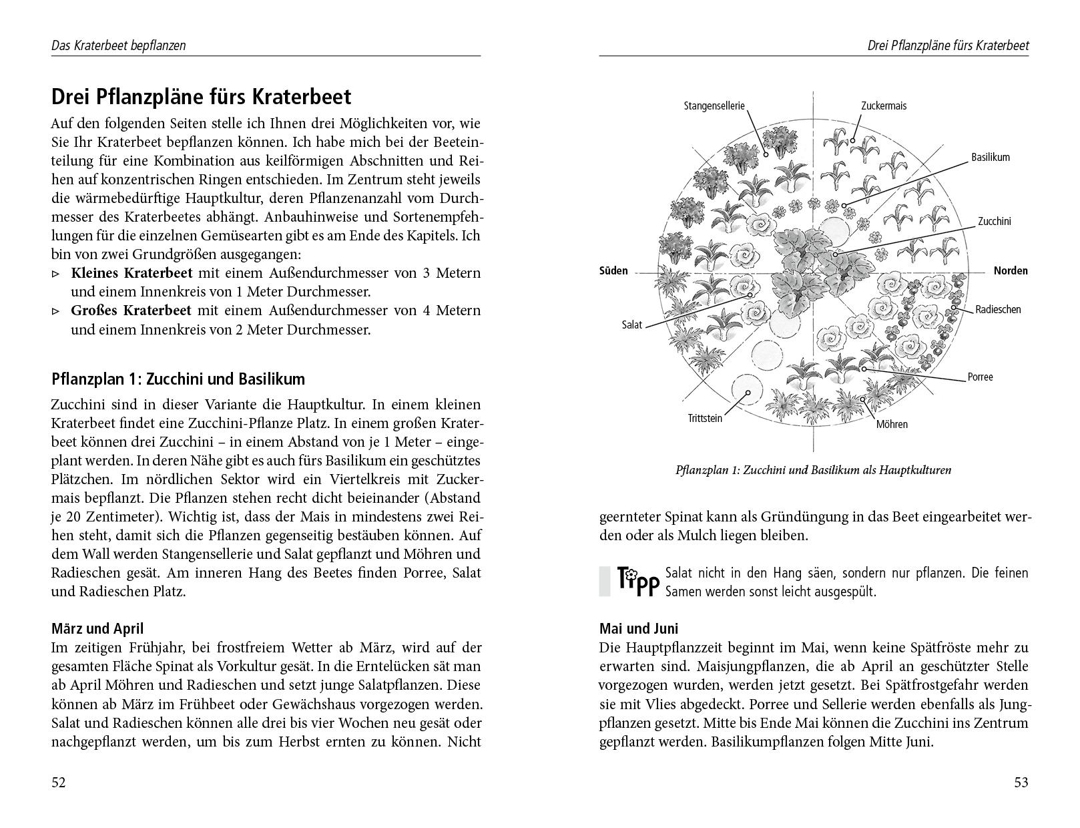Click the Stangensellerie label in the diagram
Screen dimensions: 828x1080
click(714, 106)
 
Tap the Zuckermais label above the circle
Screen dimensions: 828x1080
click(884, 106)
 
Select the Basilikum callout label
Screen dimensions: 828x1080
click(991, 158)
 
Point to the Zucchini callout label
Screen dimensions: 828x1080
click(995, 221)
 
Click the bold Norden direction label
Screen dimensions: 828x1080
click(1011, 271)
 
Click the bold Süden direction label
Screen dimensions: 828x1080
click(613, 271)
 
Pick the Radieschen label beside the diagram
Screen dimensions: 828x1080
click(998, 309)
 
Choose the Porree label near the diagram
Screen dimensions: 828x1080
click(980, 377)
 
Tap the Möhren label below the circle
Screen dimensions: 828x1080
click(892, 424)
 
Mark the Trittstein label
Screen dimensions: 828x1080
click(705, 419)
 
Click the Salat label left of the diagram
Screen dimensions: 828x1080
click(631, 325)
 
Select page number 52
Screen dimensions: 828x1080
click(59, 783)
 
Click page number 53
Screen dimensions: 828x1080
click(1021, 783)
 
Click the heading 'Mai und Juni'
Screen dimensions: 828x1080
click(638, 628)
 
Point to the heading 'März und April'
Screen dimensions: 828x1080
click(97, 628)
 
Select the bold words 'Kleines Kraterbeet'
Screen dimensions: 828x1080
click(131, 273)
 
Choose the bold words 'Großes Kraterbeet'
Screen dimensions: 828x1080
click(131, 310)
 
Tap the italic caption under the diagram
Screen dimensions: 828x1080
click(813, 470)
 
